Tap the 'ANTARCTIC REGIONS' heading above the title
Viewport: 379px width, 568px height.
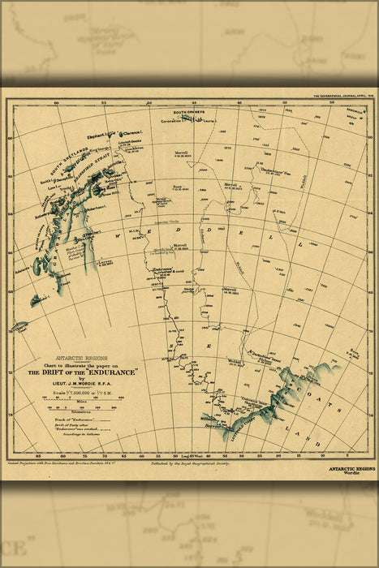pos(81,358)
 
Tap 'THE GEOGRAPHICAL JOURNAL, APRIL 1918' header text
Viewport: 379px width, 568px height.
pos(342,95)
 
